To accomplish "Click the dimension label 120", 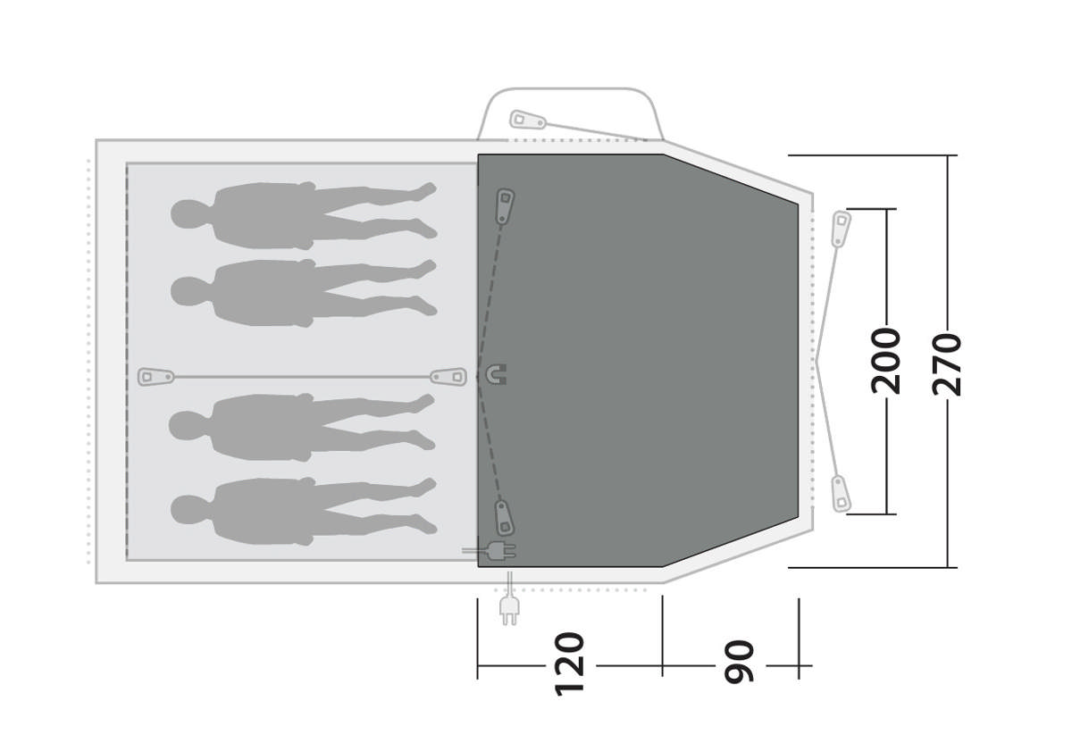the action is pyautogui.click(x=570, y=664).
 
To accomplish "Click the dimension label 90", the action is pyautogui.click(x=739, y=662).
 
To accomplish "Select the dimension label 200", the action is pyautogui.click(x=886, y=361).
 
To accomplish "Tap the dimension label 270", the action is pyautogui.click(x=947, y=364).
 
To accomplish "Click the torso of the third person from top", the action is pyautogui.click(x=264, y=427).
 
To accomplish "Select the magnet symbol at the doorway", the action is pyautogui.click(x=497, y=374).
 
